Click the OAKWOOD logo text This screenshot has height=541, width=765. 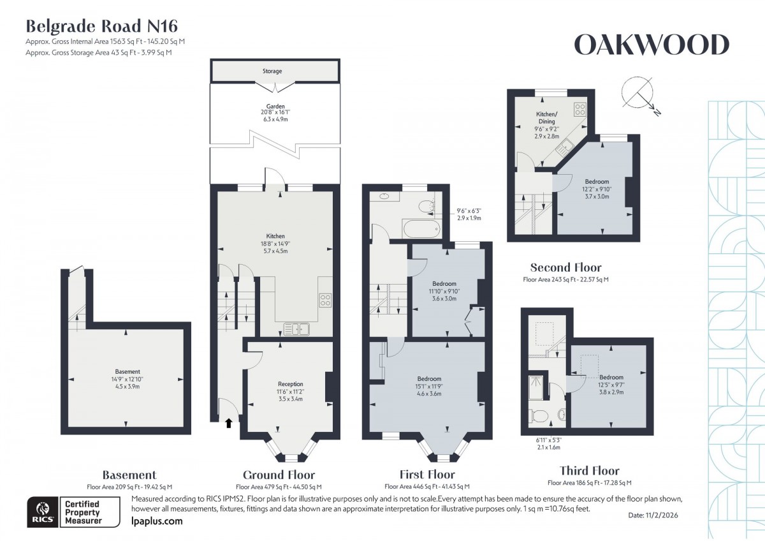(x=651, y=45)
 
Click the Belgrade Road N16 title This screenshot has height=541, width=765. (x=101, y=26)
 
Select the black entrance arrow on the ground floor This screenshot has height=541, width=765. (x=228, y=422)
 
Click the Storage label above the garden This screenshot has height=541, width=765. (x=272, y=71)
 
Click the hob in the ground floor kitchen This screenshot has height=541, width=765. (x=325, y=299)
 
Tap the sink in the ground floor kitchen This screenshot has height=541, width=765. (x=296, y=329)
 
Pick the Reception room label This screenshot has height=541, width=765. (x=290, y=384)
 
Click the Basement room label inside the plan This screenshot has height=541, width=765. (x=127, y=371)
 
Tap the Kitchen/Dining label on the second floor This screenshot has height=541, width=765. (x=546, y=117)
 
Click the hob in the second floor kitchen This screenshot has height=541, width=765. (x=580, y=109)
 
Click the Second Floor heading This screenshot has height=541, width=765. (x=565, y=267)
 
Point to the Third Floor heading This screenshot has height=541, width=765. (x=588, y=471)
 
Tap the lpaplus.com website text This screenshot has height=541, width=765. (x=156, y=521)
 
